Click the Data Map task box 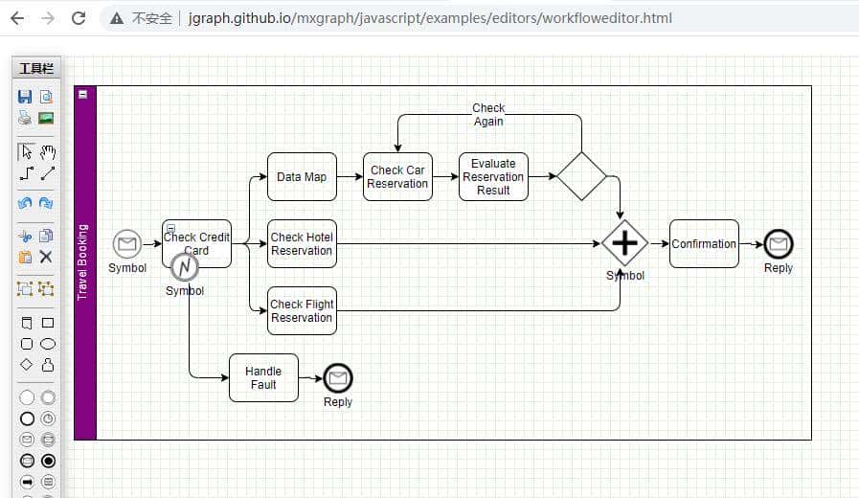[x=302, y=177]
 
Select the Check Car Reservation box [x=397, y=177]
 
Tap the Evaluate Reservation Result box [x=493, y=177]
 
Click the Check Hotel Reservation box [x=302, y=244]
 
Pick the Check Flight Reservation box [x=302, y=311]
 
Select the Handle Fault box [x=263, y=378]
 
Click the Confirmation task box [x=704, y=244]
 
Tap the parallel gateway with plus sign [x=624, y=243]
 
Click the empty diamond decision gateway [x=581, y=176]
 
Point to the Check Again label [x=488, y=115]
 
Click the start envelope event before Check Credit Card [x=126, y=244]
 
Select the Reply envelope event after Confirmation [x=779, y=244]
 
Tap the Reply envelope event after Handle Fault [x=337, y=378]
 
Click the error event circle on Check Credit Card [x=185, y=267]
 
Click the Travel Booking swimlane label [x=83, y=261]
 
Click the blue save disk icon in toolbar [x=26, y=97]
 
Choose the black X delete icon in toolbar [x=46, y=257]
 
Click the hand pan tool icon [x=47, y=151]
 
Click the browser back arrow [x=17, y=18]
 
